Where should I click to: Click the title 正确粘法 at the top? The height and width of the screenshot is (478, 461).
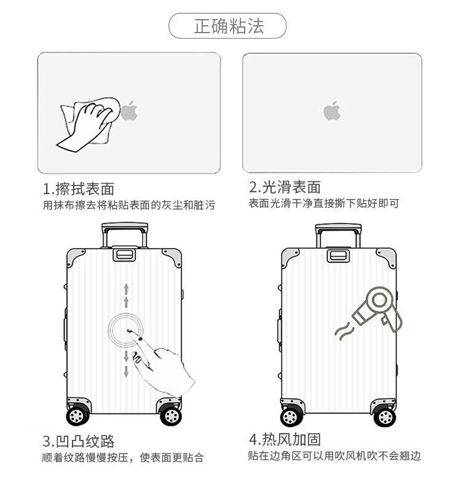(x=229, y=26)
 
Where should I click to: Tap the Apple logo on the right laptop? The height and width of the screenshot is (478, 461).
(x=333, y=111)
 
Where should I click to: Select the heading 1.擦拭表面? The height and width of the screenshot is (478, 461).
(x=79, y=188)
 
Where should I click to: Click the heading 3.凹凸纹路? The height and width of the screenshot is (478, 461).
(x=79, y=441)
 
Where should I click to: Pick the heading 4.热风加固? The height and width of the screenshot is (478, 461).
(x=285, y=439)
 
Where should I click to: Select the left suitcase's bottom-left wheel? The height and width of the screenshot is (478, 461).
(x=76, y=416)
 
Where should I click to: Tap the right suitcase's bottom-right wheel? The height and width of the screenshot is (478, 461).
(x=384, y=416)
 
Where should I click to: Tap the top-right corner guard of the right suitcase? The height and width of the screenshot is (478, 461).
(x=385, y=257)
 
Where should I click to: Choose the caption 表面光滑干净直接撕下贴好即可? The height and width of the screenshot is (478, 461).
(x=324, y=203)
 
